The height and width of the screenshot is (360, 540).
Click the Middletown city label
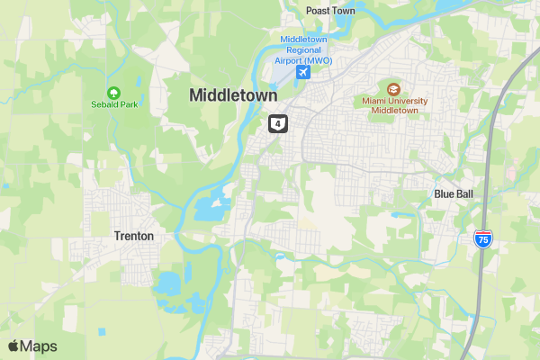233,94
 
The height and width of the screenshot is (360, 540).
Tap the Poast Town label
330,11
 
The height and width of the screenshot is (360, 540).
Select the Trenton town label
134,236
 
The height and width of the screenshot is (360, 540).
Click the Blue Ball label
453,193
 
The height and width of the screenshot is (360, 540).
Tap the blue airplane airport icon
302,72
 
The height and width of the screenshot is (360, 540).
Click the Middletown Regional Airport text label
304,50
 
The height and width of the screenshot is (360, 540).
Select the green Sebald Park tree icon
113,92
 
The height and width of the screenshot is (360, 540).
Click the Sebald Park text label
113,105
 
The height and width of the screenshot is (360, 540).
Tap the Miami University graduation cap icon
393,88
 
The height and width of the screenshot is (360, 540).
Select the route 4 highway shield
278,122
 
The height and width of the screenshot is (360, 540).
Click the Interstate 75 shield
483,239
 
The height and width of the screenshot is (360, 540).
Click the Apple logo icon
13,345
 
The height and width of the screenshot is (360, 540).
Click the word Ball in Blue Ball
464,193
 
